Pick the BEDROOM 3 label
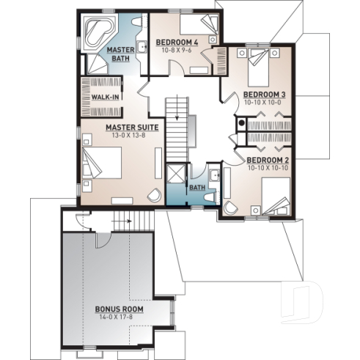pyautogui.click(x=264, y=95)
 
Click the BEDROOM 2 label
pyautogui.click(x=267, y=160)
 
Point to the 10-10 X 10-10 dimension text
pyautogui.click(x=267, y=168)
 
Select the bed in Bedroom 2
pyautogui.click(x=276, y=197)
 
